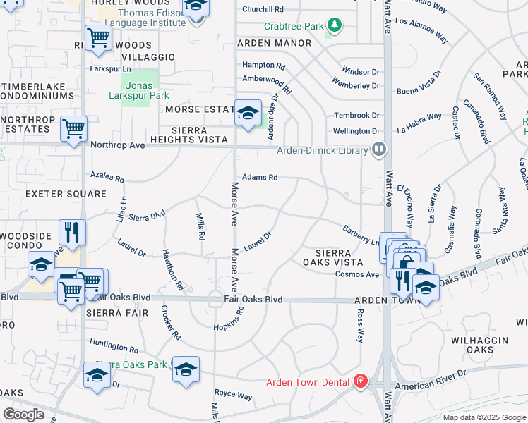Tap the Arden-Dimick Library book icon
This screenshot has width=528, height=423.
click(x=379, y=149)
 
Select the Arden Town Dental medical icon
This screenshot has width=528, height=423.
click(x=361, y=381)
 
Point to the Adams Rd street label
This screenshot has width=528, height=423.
click(x=260, y=178)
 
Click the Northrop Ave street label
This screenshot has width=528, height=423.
click(x=117, y=145)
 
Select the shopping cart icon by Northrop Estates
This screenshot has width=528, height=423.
click(x=73, y=129)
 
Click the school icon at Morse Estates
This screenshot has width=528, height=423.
click(x=248, y=113)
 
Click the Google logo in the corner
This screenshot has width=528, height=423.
click(x=23, y=414)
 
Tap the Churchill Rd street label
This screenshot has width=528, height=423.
click(x=263, y=10)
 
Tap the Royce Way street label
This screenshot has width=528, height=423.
click(x=234, y=396)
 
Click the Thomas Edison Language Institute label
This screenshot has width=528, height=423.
click(x=142, y=18)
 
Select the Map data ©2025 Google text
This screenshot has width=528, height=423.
click(x=484, y=417)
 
